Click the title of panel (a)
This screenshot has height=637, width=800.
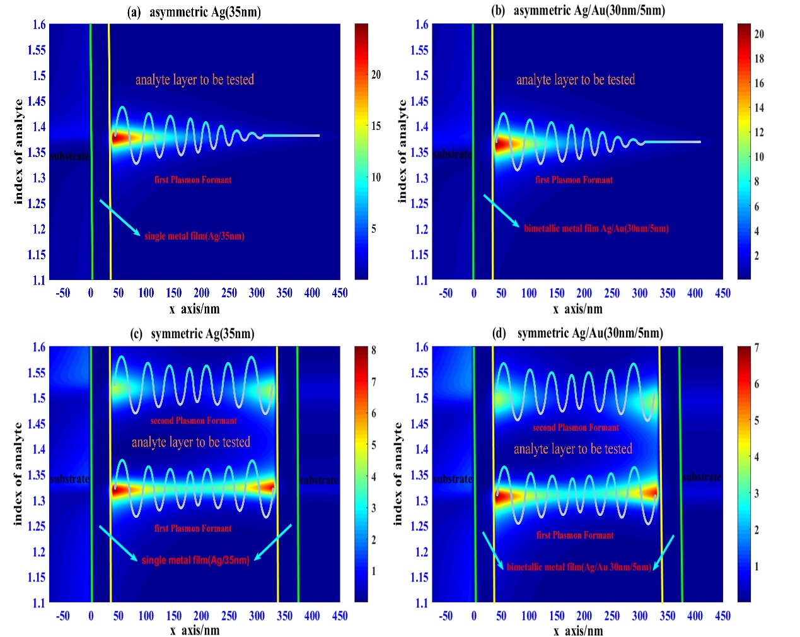194,12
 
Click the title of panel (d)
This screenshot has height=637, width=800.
577,333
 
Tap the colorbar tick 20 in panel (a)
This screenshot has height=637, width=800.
376,74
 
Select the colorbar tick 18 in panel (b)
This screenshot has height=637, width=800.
759,59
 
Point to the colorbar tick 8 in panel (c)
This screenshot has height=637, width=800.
374,350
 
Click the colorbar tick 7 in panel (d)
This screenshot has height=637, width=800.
757,348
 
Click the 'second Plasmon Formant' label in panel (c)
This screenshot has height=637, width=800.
194,421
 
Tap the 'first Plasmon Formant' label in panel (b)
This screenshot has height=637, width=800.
574,180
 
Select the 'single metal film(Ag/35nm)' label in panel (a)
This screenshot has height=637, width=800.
194,236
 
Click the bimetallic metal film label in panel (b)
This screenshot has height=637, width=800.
596,228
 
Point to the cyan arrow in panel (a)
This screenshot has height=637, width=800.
120,218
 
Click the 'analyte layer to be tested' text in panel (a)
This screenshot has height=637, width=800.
195,79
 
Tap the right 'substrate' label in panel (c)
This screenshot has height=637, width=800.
318,481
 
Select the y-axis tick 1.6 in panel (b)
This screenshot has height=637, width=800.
422,25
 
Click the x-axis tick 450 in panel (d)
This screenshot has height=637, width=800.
722,616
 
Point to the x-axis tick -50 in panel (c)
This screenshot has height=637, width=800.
62,616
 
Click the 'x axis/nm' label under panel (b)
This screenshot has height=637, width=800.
577,309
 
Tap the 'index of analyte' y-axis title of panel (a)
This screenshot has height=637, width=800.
18,151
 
